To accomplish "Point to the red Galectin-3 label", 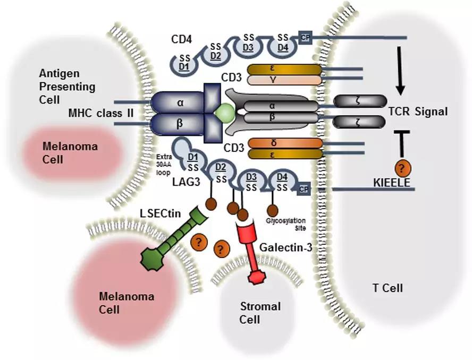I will pyautogui.click(x=283, y=247).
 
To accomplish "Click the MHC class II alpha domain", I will pyautogui.click(x=180, y=102).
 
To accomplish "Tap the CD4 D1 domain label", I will pyautogui.click(x=184, y=66).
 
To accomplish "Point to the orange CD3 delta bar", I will pyautogui.click(x=285, y=143).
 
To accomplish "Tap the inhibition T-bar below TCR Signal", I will pyautogui.click(x=400, y=141).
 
